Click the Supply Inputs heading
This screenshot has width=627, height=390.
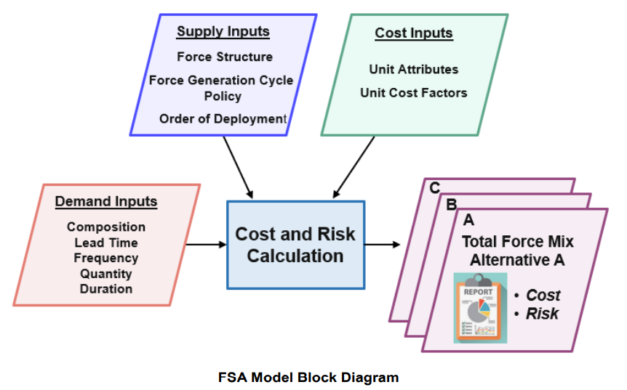coord(223,31)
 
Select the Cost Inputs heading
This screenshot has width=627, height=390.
coord(414,33)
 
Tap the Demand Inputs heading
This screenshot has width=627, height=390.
coord(106,202)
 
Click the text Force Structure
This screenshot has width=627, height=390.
coord(225,57)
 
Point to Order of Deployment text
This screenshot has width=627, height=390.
coord(223,119)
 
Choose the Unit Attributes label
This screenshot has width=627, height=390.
coord(413,70)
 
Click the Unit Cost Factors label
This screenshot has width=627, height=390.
coord(414,93)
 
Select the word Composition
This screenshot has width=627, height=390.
coord(106,227)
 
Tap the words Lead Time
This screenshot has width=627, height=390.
coord(106,243)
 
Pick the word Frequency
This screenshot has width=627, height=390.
coord(106,259)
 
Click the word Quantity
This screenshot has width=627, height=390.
coord(106,274)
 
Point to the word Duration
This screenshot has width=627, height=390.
coord(106,289)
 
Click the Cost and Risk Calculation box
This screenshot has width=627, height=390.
coord(296,245)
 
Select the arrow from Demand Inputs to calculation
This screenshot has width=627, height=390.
coord(207,244)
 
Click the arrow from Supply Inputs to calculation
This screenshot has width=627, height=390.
coord(238,168)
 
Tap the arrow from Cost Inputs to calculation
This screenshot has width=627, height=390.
coord(354,167)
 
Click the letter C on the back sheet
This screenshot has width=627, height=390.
coord(435,187)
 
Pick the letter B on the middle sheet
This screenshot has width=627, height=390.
coord(452,204)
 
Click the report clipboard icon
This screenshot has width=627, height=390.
coord(480,308)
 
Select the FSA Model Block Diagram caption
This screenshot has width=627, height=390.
coord(308,377)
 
